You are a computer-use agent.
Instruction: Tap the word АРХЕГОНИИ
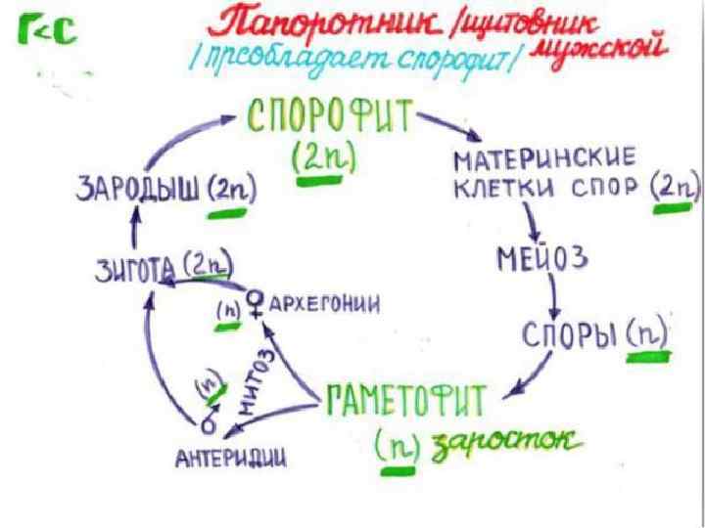pyautogui.click(x=323, y=304)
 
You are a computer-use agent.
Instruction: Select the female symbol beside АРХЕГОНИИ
pyautogui.click(x=257, y=303)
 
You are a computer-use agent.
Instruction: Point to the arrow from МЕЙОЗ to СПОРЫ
pyautogui.click(x=553, y=292)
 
